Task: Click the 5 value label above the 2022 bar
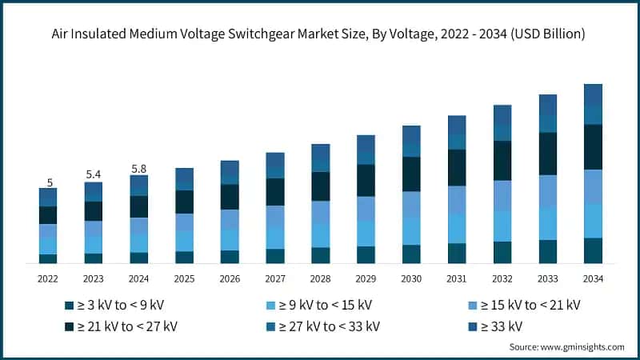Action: click(x=50, y=182)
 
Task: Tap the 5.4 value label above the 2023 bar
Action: click(x=94, y=174)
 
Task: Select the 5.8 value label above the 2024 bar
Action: click(x=139, y=169)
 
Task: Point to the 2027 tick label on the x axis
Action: click(x=275, y=278)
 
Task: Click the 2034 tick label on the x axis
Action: click(x=593, y=278)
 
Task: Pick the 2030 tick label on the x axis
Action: click(x=411, y=278)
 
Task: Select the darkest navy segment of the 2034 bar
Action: click(x=593, y=147)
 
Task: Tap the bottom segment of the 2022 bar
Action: click(x=48, y=258)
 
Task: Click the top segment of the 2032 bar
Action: click(x=502, y=114)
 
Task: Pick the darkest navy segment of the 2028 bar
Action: click(x=321, y=186)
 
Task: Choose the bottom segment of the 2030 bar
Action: click(x=411, y=254)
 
